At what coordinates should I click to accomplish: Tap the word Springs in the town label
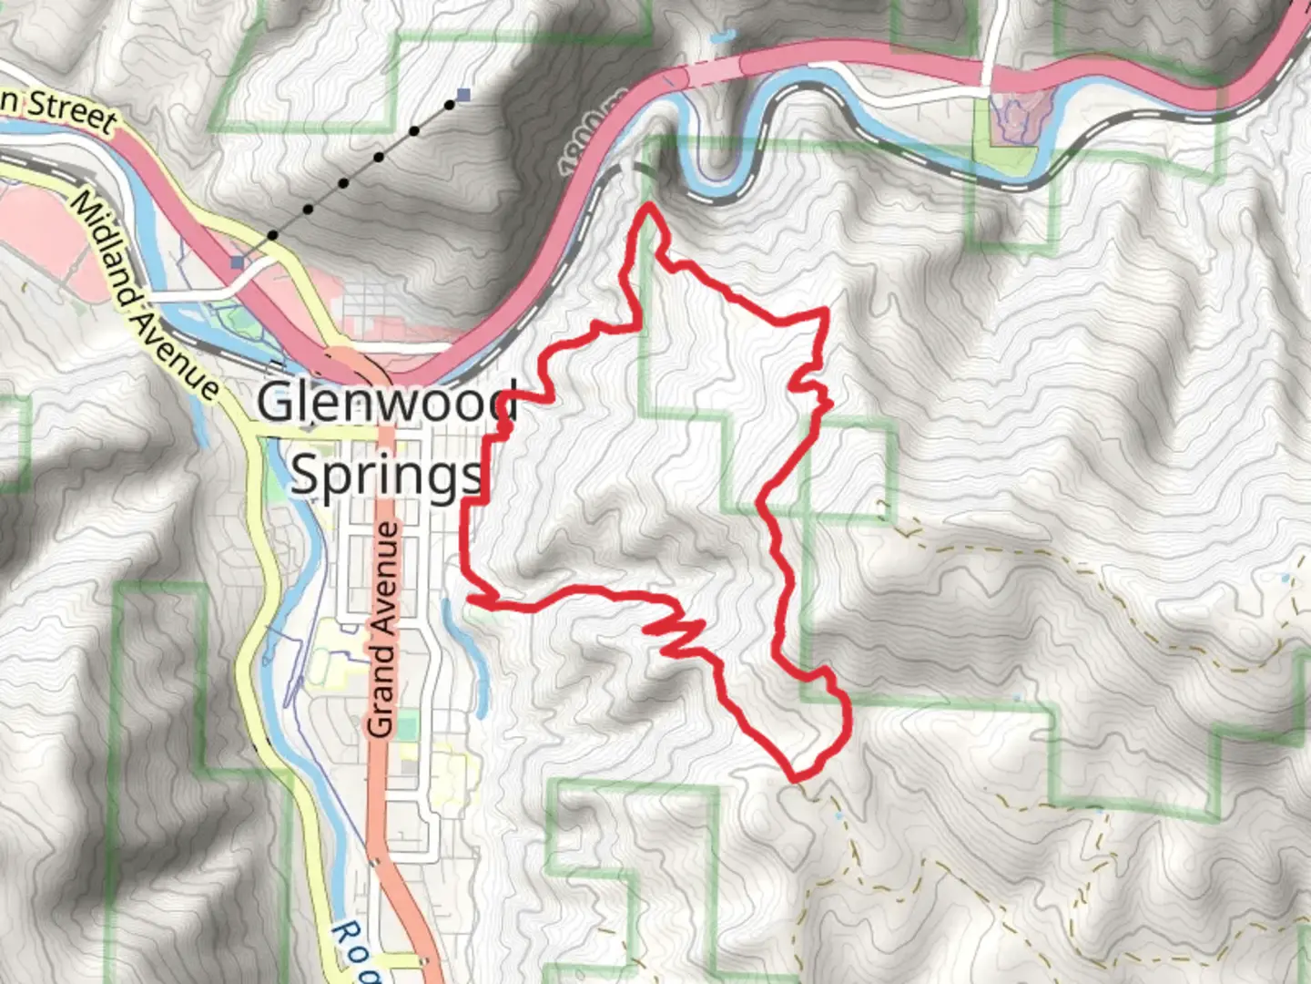coord(386,475)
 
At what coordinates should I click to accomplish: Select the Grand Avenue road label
coord(382,629)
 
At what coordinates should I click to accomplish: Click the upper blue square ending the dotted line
coord(464,95)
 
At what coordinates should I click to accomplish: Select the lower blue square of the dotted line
coord(238,262)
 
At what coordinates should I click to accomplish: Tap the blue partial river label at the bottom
coord(351,952)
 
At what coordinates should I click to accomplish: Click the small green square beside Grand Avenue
coord(407,726)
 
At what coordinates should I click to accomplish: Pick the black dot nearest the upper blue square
coord(450,105)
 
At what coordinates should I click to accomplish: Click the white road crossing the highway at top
coord(988,55)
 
